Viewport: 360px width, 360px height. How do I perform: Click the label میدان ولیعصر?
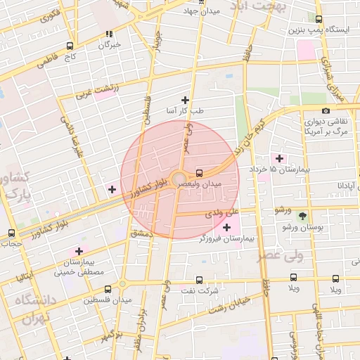(x=202, y=184)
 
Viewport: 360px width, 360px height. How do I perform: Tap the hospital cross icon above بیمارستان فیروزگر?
(x=226, y=227)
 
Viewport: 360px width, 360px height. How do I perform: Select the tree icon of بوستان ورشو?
(x=303, y=215)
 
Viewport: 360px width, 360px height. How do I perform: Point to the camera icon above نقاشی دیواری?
(x=326, y=110)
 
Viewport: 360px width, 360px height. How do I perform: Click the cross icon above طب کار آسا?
(x=186, y=99)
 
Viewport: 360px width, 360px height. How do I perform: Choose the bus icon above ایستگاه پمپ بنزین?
(x=319, y=20)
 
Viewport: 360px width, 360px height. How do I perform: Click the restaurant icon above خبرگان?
(x=109, y=34)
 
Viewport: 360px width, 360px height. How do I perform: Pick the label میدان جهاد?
(x=201, y=11)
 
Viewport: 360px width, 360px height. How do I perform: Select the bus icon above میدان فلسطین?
(x=107, y=288)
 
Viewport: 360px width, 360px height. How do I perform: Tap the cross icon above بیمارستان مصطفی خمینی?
(x=79, y=250)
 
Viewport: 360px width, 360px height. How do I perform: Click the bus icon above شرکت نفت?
(x=199, y=279)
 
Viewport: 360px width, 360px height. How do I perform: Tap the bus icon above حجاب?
(x=11, y=233)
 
